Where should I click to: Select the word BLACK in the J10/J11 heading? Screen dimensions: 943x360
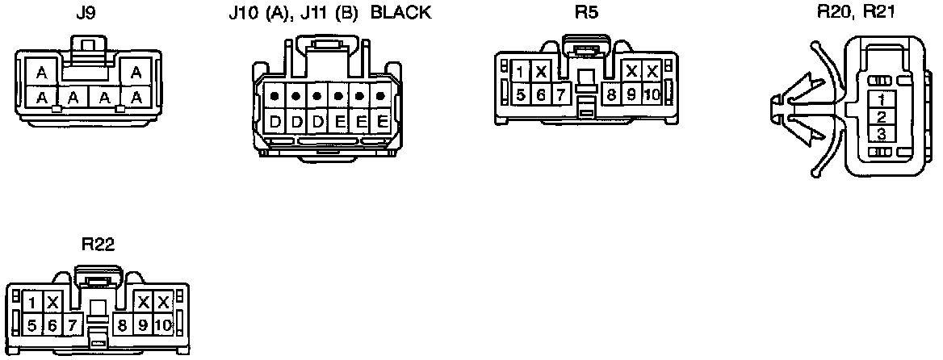(400, 13)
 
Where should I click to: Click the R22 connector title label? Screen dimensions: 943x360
(98, 245)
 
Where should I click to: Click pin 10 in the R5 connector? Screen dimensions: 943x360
(652, 94)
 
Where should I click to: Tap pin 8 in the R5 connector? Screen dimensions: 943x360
(613, 94)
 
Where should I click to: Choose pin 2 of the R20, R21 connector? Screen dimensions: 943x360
(882, 117)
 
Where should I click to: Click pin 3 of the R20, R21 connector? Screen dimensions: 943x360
(882, 133)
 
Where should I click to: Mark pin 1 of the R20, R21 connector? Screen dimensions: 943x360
(882, 101)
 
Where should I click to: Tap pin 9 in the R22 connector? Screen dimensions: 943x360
(144, 325)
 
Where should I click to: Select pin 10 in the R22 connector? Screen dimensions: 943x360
(163, 325)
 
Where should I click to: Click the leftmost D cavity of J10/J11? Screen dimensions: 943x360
(275, 123)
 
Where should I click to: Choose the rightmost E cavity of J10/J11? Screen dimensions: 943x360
(380, 123)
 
